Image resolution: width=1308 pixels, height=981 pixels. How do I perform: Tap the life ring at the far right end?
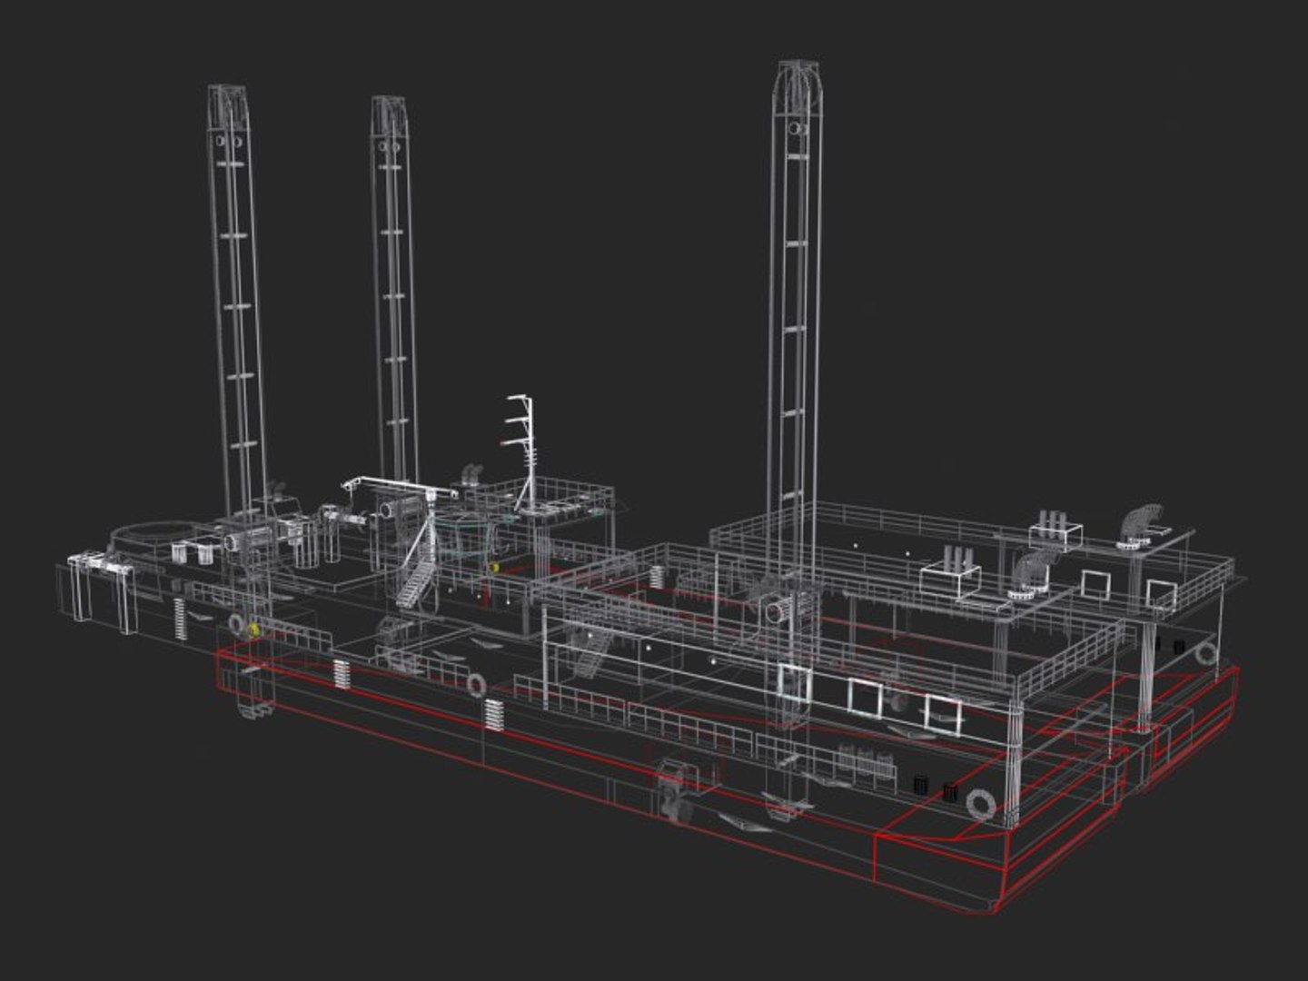click(1206, 653)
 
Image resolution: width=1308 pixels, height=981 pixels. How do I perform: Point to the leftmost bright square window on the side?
click(794, 682)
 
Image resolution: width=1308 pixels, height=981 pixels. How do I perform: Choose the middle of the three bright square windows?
click(865, 697)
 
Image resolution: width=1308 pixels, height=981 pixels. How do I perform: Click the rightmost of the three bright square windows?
click(942, 713)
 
